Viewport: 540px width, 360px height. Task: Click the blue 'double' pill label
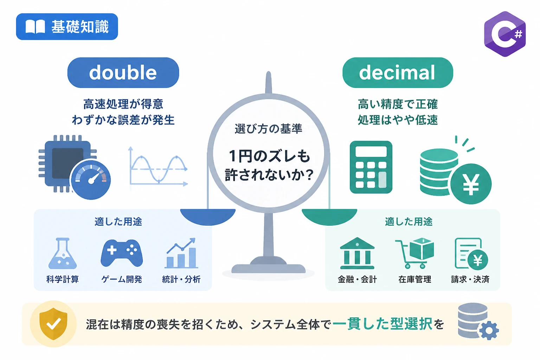pyautogui.click(x=123, y=72)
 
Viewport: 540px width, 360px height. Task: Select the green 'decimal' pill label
pyautogui.click(x=398, y=72)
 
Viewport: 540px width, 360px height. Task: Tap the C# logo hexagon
pyautogui.click(x=505, y=34)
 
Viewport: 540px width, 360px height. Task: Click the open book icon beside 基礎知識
pyautogui.click(x=35, y=26)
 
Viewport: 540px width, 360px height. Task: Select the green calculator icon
pyautogui.click(x=371, y=167)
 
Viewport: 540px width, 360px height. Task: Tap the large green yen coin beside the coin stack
pyautogui.click(x=471, y=184)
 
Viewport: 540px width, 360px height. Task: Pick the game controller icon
pyautogui.click(x=122, y=253)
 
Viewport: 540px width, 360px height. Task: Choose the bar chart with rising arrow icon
pyautogui.click(x=181, y=253)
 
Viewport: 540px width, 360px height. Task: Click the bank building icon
pyautogui.click(x=357, y=253)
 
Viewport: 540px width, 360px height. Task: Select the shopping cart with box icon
pyautogui.click(x=414, y=253)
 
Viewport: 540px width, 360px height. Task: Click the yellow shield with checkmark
pyautogui.click(x=53, y=323)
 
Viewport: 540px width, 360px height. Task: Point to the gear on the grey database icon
pyautogui.click(x=489, y=330)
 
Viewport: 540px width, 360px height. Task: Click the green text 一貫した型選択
pyautogui.click(x=382, y=324)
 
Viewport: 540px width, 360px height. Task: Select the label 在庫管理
pyautogui.click(x=414, y=279)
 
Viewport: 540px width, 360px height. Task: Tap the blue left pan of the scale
pyautogui.click(x=208, y=217)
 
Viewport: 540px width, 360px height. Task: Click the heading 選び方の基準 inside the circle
pyautogui.click(x=268, y=129)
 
